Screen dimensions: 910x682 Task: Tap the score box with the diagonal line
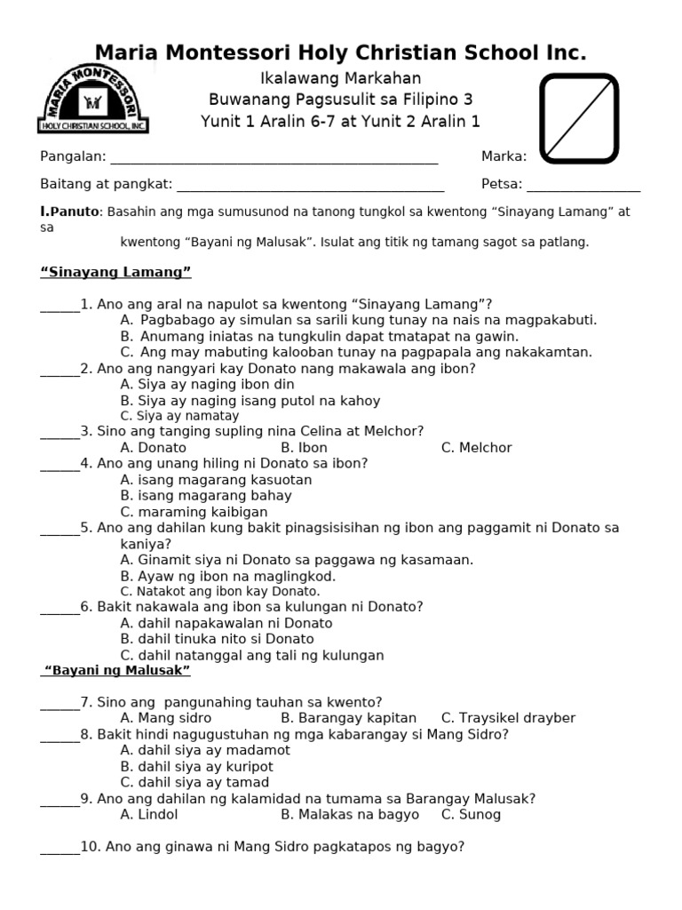pyautogui.click(x=579, y=118)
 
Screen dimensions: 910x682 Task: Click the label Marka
pyautogui.click(x=504, y=156)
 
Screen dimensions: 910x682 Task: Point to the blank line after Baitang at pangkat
pyautogui.click(x=311, y=188)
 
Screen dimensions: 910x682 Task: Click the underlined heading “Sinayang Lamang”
pyautogui.click(x=116, y=271)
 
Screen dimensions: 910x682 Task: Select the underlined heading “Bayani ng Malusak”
pyautogui.click(x=116, y=669)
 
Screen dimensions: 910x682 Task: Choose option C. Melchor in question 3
pyautogui.click(x=476, y=448)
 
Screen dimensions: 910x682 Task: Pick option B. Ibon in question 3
pyautogui.click(x=304, y=448)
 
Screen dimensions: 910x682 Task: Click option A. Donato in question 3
pyautogui.click(x=153, y=448)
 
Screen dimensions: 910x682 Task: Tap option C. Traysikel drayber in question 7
pyautogui.click(x=508, y=718)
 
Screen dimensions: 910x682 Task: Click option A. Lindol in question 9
pyautogui.click(x=149, y=814)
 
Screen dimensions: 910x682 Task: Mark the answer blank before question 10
pyautogui.click(x=59, y=850)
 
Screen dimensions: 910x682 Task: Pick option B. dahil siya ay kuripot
pyautogui.click(x=197, y=766)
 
